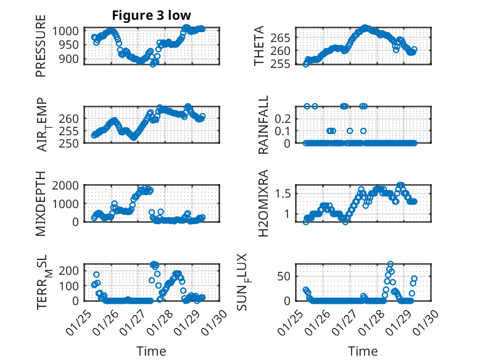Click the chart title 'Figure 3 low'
point(151,15)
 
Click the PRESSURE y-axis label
point(41,50)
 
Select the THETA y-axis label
point(260,46)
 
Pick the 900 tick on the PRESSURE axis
point(69,59)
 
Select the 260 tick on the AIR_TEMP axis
point(69,118)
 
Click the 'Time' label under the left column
point(151,351)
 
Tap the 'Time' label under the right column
point(363,351)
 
